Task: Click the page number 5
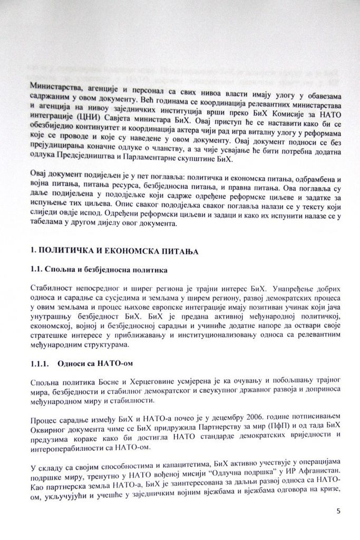tap(338, 511)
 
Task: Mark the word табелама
tap(48, 224)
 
